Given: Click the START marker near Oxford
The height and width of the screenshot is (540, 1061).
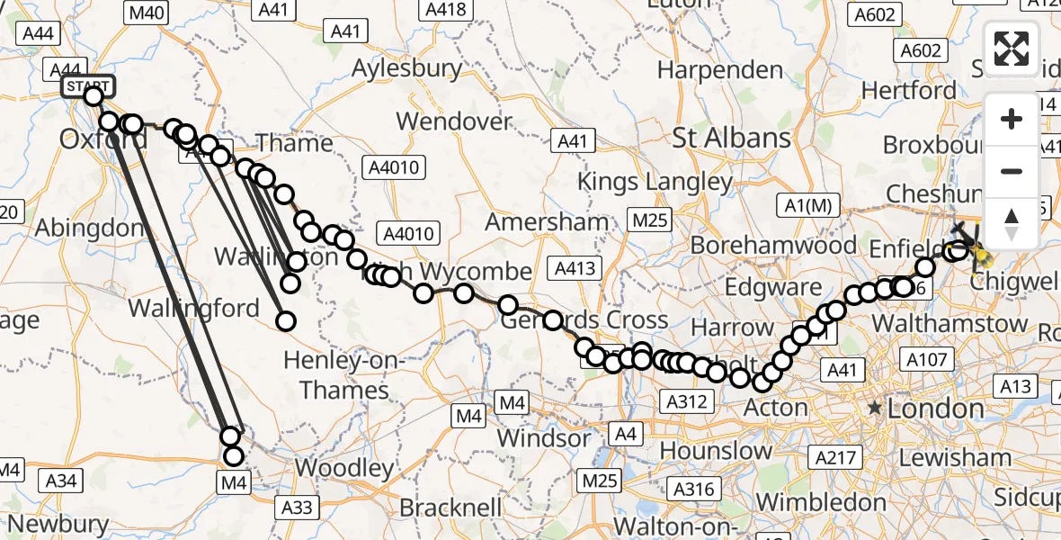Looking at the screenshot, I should pyautogui.click(x=88, y=86).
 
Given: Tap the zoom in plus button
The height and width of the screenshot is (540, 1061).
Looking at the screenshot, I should pyautogui.click(x=1012, y=119).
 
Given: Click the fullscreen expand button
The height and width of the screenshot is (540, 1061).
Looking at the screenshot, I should pyautogui.click(x=1012, y=49).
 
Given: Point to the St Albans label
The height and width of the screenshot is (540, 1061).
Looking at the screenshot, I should pyautogui.click(x=732, y=138).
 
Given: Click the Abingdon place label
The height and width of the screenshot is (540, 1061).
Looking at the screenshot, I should pyautogui.click(x=89, y=227).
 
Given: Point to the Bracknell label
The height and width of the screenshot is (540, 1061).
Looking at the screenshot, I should pyautogui.click(x=450, y=507).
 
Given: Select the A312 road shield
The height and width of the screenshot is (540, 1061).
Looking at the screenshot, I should pyautogui.click(x=686, y=401).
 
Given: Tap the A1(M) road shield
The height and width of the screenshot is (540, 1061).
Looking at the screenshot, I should pyautogui.click(x=807, y=205).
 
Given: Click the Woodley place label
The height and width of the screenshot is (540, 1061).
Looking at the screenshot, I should pyautogui.click(x=344, y=468).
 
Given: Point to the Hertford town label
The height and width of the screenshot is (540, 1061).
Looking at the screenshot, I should pyautogui.click(x=909, y=90).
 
